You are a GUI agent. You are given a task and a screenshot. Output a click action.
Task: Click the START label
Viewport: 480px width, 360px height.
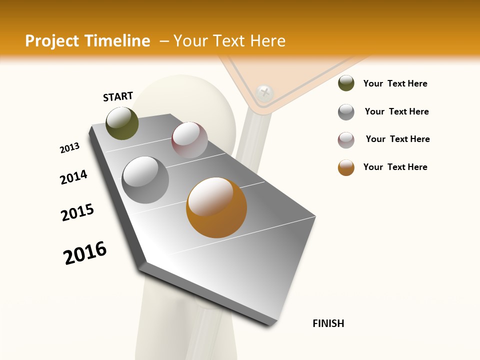click(118, 96)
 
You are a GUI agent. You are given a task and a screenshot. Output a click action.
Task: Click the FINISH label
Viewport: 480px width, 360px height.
click(328, 323)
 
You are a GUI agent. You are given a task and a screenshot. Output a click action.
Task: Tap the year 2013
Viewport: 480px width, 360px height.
click(69, 148)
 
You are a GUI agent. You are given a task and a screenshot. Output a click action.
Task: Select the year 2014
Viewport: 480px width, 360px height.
click(73, 177)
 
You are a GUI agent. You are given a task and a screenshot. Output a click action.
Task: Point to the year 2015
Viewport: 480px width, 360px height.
click(77, 212)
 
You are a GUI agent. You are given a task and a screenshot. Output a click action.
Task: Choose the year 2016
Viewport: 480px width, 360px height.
click(85, 253)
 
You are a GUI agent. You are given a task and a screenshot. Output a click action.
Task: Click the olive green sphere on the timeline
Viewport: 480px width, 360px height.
click(122, 123)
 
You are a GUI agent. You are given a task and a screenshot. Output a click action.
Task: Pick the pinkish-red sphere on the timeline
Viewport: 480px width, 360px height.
click(189, 140)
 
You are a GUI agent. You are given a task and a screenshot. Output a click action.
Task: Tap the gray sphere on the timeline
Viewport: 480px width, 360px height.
click(145, 180)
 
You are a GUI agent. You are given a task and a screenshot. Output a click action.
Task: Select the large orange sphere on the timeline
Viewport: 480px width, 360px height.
click(216, 207)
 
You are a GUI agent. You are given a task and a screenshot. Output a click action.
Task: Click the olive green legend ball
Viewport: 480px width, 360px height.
click(346, 83)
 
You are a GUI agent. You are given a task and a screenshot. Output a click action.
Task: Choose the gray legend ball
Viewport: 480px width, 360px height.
click(346, 112)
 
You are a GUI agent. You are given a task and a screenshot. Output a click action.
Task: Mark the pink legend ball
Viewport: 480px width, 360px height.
click(346, 140)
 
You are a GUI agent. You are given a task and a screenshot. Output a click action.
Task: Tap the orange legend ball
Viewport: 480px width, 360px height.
click(346, 167)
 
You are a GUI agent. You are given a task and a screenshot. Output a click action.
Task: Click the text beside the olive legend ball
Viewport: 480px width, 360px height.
click(395, 83)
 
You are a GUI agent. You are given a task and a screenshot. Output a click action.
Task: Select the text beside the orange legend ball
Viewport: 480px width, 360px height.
click(395, 167)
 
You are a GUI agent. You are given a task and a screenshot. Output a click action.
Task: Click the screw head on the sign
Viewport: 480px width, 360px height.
click(264, 92)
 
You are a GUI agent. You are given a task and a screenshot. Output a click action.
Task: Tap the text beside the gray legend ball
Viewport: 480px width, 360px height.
click(396, 111)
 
